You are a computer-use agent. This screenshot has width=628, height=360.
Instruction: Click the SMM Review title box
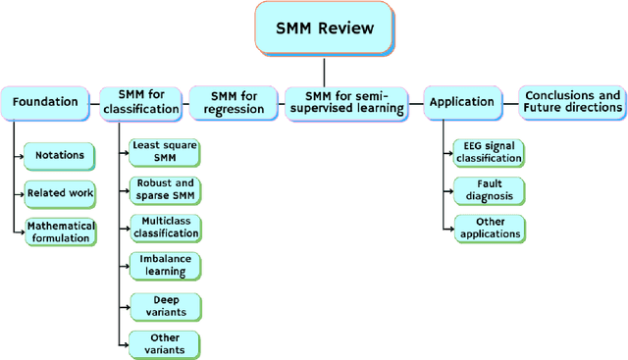[x=324, y=28]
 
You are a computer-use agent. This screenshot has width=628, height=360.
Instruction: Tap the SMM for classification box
[x=140, y=101]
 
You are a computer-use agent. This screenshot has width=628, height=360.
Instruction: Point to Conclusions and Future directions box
[x=572, y=101]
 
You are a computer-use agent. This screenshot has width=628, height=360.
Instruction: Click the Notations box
[x=60, y=155]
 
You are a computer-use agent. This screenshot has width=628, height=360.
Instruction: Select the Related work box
[x=60, y=193]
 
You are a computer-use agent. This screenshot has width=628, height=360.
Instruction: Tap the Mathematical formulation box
[x=61, y=231]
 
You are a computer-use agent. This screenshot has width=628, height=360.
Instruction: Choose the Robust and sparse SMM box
[x=165, y=189]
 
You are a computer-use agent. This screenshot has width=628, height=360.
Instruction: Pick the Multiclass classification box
[x=165, y=229]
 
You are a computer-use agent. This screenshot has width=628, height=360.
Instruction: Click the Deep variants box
[x=165, y=305]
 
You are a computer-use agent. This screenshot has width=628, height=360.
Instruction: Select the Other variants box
[x=165, y=343]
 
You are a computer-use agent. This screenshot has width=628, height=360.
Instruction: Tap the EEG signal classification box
[x=489, y=152]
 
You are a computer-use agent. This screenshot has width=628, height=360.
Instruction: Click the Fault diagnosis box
[x=489, y=190]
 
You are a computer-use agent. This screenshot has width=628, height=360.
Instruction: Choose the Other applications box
[x=489, y=229]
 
